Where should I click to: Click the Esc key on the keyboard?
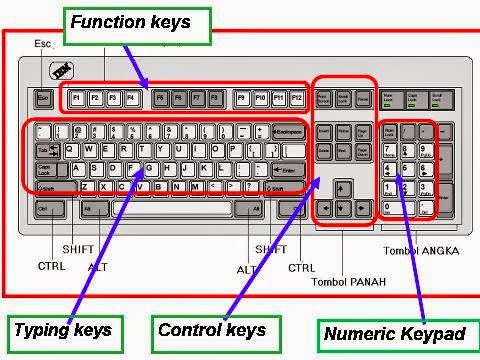(x=43, y=99)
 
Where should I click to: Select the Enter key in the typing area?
(x=289, y=171)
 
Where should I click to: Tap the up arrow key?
(x=343, y=188)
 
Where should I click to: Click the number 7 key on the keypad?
(x=389, y=149)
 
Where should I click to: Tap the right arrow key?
(x=361, y=207)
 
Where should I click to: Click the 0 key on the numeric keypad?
(x=396, y=207)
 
